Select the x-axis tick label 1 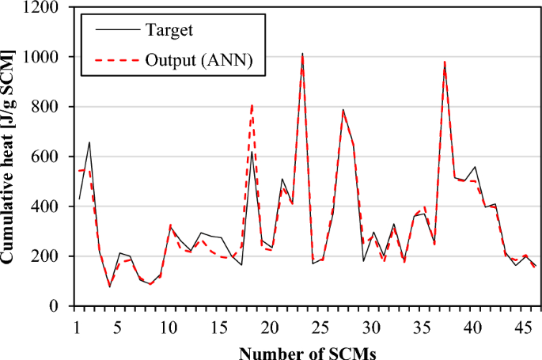pyautogui.click(x=77, y=328)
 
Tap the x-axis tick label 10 pyautogui.click(x=169, y=328)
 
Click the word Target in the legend pyautogui.click(x=169, y=31)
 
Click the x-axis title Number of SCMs pyautogui.click(x=304, y=351)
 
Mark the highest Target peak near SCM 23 pyautogui.click(x=302, y=54)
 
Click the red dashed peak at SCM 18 pyautogui.click(x=252, y=104)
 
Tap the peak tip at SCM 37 pyautogui.click(x=445, y=62)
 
